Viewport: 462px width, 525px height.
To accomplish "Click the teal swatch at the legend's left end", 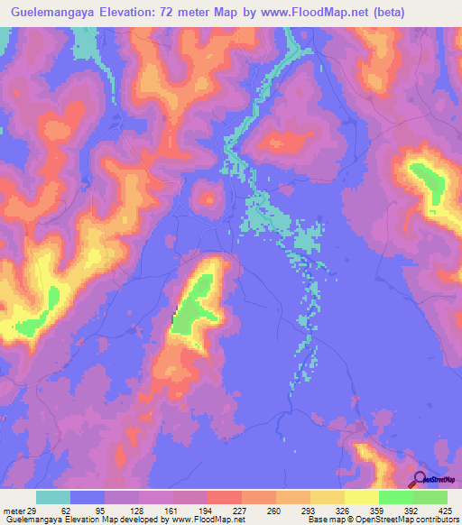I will (53, 498).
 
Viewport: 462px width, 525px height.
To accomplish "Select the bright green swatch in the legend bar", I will (395, 498).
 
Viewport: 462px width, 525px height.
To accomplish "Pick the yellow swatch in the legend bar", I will (361, 498).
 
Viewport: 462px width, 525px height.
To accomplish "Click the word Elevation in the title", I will (139, 12).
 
